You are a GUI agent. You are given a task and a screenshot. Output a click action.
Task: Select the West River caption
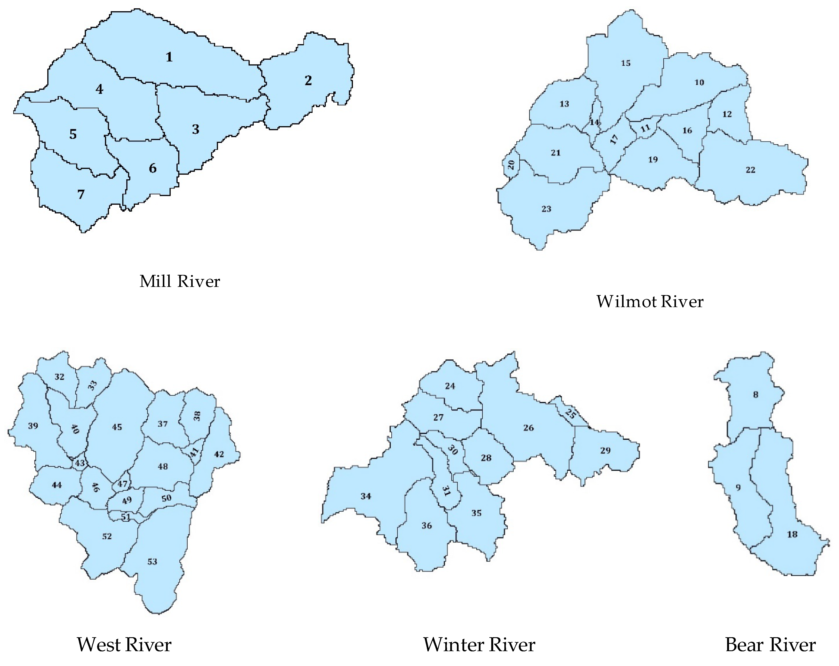124,645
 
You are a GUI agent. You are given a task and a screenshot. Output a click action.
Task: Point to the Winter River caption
479,645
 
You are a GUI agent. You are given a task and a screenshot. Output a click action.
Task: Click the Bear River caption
770,645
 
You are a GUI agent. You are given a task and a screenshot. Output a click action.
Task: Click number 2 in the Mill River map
308,81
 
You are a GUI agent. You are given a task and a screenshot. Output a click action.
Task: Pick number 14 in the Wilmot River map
594,122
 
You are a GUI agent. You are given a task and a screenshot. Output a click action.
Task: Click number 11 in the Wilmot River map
645,128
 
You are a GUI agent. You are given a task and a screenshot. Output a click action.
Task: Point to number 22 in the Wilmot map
750,170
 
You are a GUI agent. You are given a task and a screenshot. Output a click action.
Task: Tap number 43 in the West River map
80,463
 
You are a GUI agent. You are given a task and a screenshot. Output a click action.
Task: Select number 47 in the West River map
123,484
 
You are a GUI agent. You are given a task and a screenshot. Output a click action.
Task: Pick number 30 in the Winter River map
453,450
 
